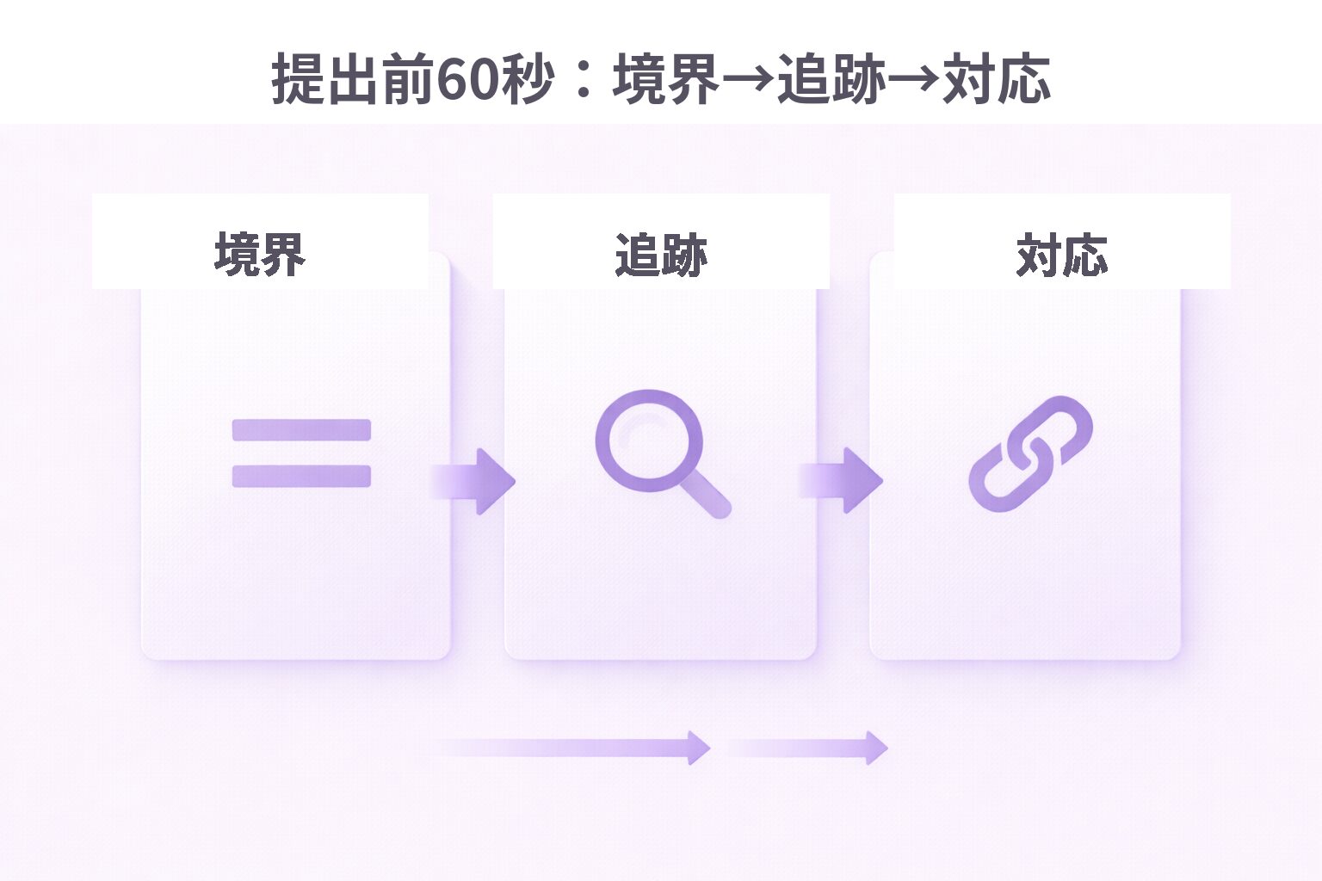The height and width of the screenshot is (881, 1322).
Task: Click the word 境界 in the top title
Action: (x=665, y=78)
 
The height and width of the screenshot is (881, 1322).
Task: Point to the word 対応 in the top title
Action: (x=996, y=78)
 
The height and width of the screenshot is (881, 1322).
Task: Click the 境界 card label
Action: (x=260, y=255)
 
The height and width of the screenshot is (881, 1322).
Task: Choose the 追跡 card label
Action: (x=661, y=255)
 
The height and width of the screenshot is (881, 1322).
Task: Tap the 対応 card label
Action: (x=1062, y=255)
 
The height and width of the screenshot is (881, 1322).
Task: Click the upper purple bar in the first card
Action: (x=301, y=429)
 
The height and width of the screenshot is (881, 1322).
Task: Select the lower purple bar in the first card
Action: (x=301, y=476)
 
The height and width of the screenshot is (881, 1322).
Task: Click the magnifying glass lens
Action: (x=649, y=440)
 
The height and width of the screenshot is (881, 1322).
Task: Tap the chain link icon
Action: (x=1030, y=453)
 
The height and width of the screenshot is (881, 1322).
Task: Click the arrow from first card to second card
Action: (x=473, y=481)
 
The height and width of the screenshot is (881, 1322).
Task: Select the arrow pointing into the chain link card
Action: (x=840, y=480)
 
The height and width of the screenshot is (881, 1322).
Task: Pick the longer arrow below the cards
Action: (x=570, y=748)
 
